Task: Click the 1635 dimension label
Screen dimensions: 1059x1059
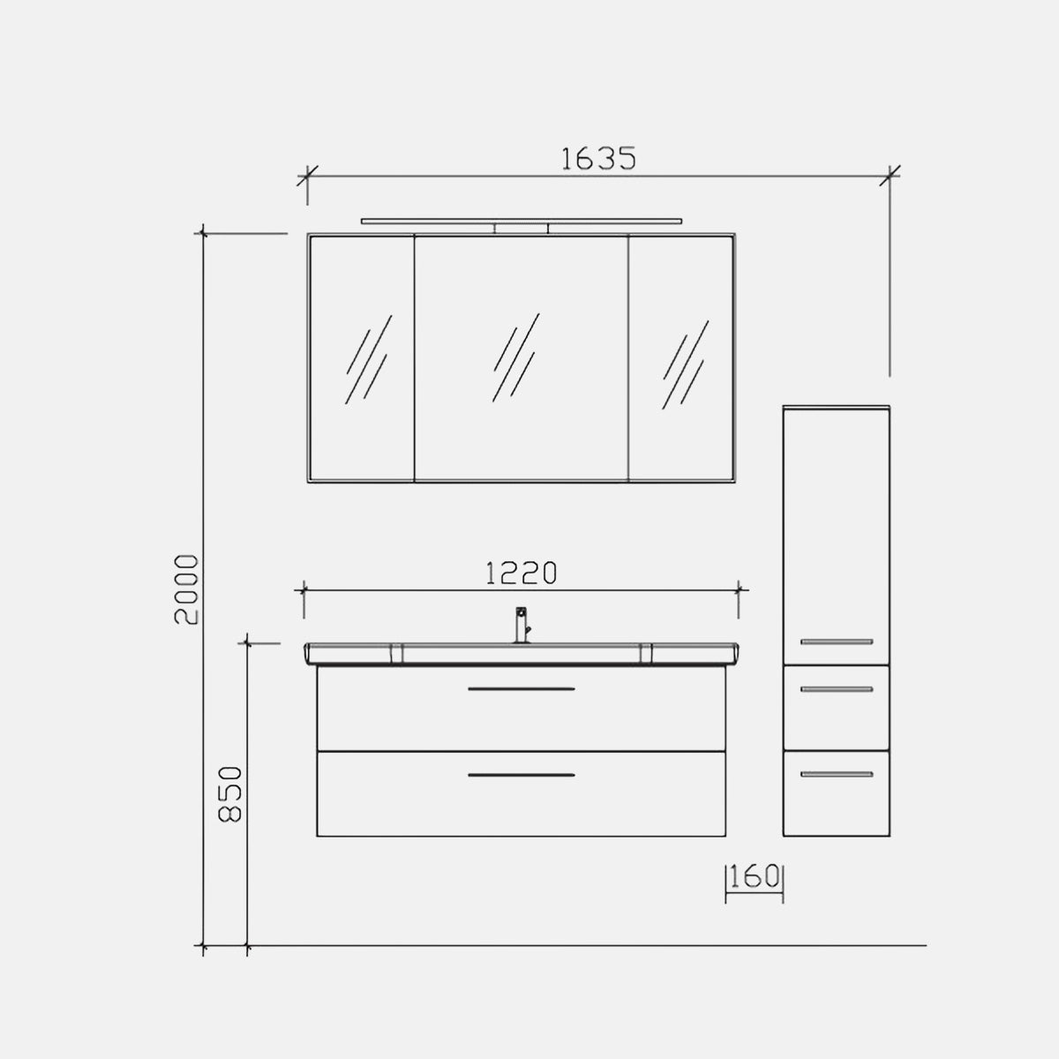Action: click(598, 158)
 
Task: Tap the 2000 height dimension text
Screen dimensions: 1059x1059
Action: click(185, 590)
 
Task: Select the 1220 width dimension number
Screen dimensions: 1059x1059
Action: click(521, 574)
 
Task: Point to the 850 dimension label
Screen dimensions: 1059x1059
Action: click(229, 794)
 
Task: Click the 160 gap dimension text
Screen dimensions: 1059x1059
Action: click(755, 876)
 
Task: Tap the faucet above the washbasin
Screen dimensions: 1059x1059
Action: click(522, 624)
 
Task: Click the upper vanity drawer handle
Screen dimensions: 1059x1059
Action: click(521, 688)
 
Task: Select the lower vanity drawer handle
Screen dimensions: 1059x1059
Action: click(521, 775)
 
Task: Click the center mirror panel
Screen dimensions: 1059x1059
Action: click(521, 358)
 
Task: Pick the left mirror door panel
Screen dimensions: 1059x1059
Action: click(362, 358)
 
